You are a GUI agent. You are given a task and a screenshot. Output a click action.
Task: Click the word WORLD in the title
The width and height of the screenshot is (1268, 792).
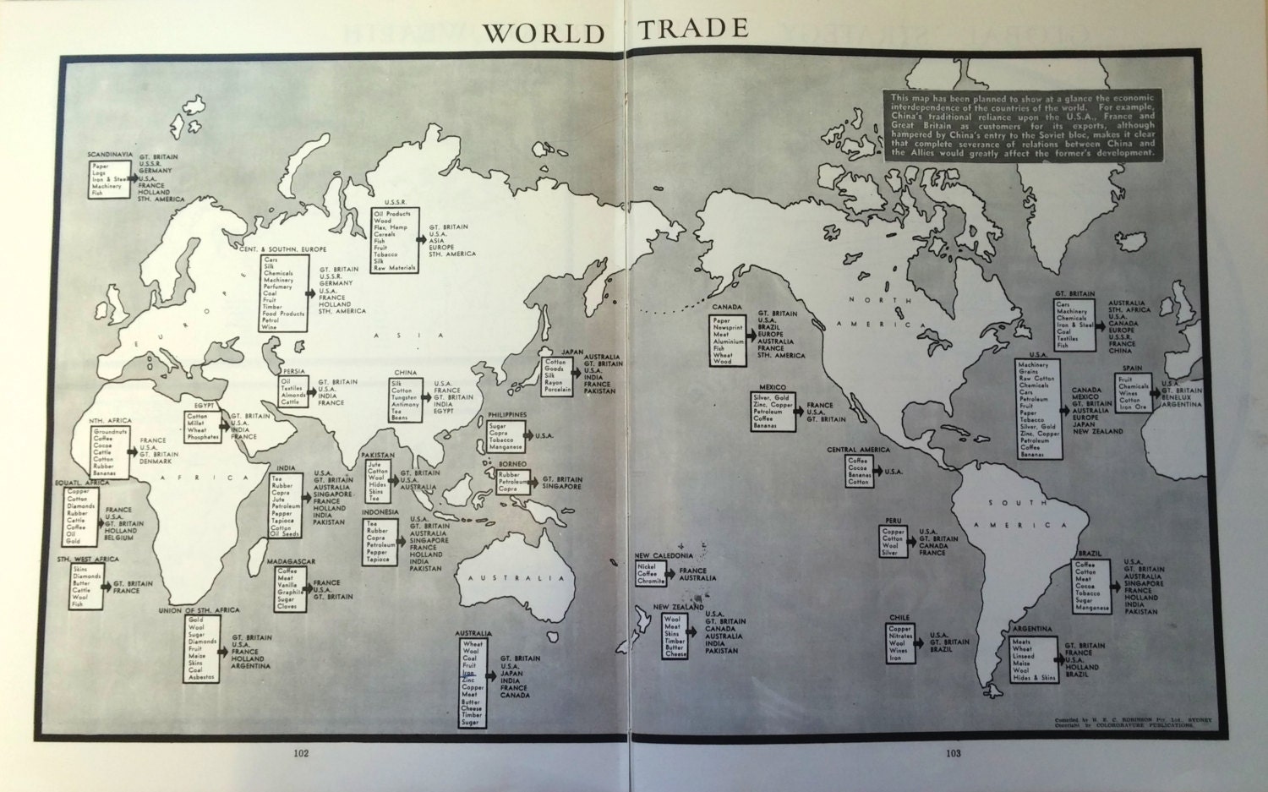click(543, 33)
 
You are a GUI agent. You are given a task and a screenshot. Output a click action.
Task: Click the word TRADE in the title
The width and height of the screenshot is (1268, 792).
click(693, 29)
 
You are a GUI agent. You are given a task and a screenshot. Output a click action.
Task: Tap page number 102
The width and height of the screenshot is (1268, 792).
click(302, 752)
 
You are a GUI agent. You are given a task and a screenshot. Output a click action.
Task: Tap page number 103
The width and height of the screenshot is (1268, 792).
click(954, 752)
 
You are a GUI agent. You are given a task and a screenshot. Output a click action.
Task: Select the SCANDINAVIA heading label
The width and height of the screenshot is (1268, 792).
click(110, 155)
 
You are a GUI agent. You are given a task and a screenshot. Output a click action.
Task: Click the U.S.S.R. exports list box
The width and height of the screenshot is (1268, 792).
click(395, 241)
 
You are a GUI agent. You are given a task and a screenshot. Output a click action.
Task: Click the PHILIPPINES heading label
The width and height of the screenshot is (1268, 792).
click(506, 415)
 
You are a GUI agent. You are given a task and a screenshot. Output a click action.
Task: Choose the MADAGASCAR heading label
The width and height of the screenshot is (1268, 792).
click(291, 561)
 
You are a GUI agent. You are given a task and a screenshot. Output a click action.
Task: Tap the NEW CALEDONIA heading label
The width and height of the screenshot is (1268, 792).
click(664, 555)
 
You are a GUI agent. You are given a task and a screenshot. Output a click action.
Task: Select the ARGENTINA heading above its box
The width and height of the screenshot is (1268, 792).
click(1032, 630)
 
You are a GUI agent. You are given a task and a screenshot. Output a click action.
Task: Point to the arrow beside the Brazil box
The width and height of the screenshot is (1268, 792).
click(1117, 585)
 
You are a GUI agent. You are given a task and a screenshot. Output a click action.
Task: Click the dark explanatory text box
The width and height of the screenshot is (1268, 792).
click(1021, 125)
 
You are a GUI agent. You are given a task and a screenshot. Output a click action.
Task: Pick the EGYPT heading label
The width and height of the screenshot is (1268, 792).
click(205, 406)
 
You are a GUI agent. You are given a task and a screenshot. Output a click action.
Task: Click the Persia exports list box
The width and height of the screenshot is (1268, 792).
click(292, 391)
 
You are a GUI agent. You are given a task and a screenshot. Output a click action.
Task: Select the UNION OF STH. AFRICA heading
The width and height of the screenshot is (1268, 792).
click(199, 609)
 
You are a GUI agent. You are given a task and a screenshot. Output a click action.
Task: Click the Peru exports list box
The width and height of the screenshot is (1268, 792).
click(894, 542)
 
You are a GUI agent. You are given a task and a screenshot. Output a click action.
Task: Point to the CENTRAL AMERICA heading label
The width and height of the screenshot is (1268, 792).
click(858, 450)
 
